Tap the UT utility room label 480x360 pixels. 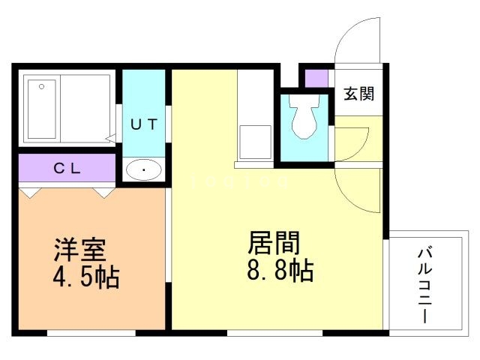(x=144, y=125)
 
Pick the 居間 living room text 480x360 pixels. (x=274, y=243)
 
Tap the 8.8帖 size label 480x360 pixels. (x=280, y=269)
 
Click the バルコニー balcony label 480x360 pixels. (x=424, y=283)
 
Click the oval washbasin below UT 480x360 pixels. (x=143, y=170)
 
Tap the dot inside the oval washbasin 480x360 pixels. (x=143, y=170)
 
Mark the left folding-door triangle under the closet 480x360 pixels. (x=29, y=193)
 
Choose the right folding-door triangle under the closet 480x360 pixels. (x=103, y=193)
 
